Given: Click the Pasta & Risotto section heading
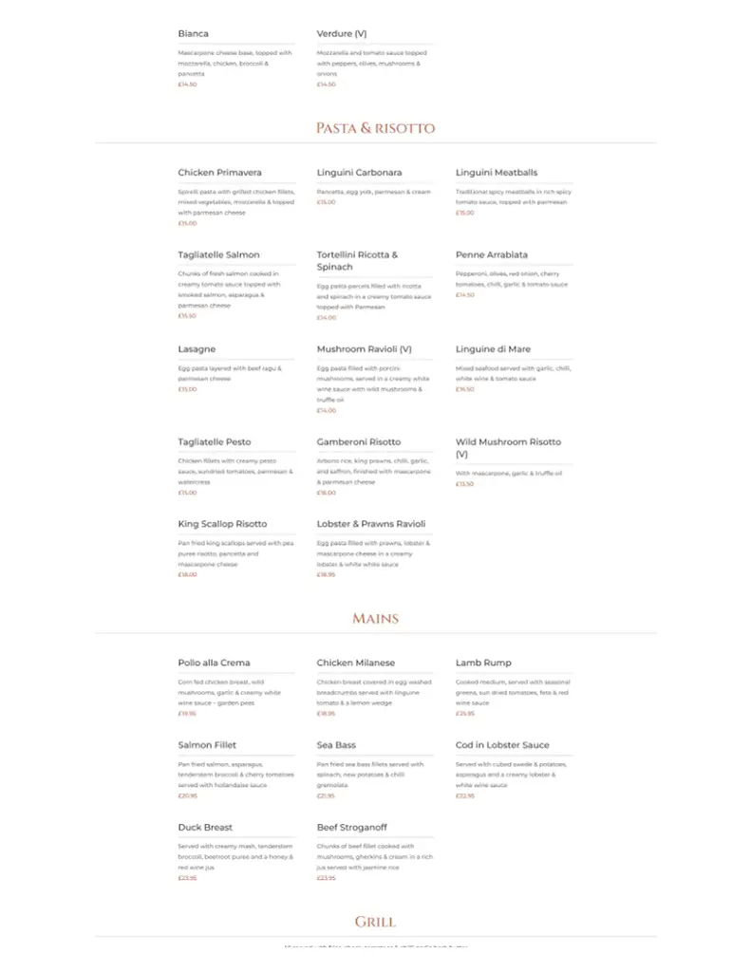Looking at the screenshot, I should [x=375, y=128].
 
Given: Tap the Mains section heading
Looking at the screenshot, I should [x=375, y=618].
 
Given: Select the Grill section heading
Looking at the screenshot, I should [x=375, y=922].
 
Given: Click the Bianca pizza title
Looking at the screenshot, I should [x=194, y=34].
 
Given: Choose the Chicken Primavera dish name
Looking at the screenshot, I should [x=219, y=173].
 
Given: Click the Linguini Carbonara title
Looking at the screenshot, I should [x=359, y=173].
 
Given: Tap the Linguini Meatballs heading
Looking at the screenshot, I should [x=497, y=173].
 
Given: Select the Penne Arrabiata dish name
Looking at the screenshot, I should [x=492, y=254].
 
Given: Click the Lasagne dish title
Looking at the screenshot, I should [x=197, y=349].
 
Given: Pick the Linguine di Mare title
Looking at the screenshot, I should [x=494, y=349].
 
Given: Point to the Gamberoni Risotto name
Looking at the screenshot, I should [x=359, y=441].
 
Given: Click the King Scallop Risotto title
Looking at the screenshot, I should [x=222, y=524].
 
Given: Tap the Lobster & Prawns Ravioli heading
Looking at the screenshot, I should [x=371, y=524].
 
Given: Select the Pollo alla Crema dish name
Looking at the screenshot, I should [x=215, y=663].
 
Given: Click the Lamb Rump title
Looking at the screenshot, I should [x=483, y=663].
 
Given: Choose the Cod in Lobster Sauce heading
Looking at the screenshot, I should [x=502, y=745].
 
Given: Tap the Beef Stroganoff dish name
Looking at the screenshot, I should [x=352, y=827].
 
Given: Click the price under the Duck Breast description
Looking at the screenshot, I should [x=187, y=878].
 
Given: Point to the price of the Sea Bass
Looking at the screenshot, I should [x=326, y=795].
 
